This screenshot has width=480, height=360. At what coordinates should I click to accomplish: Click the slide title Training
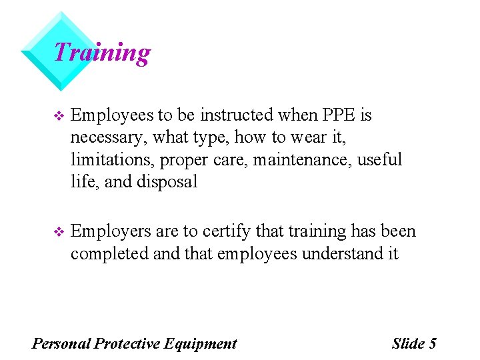(101, 52)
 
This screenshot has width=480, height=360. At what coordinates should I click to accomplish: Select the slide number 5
(433, 344)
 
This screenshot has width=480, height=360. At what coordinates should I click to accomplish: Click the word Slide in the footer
(408, 344)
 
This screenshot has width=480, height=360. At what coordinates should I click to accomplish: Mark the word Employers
(110, 232)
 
